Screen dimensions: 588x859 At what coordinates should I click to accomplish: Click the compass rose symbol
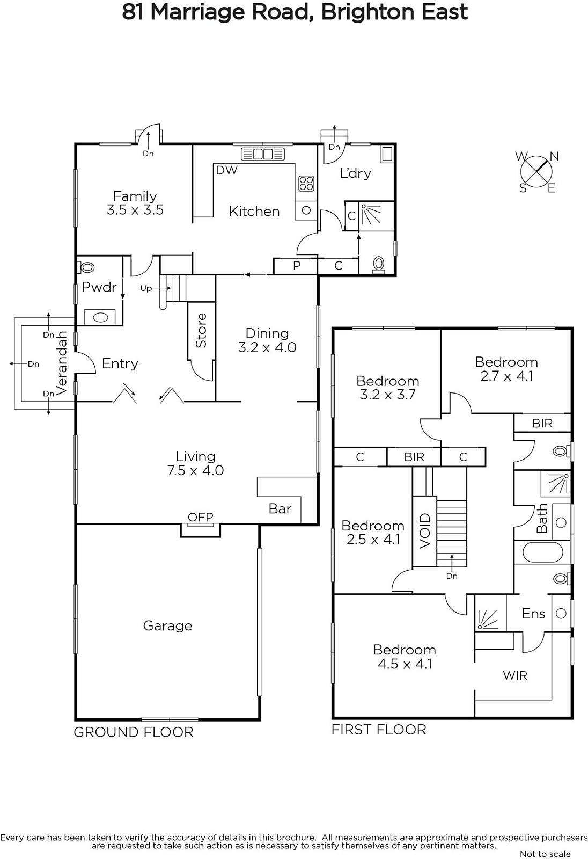click(x=536, y=171)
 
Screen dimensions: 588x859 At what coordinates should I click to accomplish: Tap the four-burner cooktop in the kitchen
click(x=306, y=183)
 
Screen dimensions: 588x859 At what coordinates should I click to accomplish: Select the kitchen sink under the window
click(x=263, y=154)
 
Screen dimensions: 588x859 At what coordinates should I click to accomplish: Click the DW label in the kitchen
click(x=226, y=170)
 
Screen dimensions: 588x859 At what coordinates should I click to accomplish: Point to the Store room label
click(x=201, y=331)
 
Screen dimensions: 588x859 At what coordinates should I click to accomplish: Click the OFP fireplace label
click(x=201, y=517)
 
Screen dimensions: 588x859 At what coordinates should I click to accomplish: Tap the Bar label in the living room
click(x=280, y=508)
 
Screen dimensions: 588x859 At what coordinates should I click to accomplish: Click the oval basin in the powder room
click(x=100, y=317)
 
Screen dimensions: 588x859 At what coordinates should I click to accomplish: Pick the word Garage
click(x=167, y=626)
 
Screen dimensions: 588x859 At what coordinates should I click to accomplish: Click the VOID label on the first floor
click(x=425, y=531)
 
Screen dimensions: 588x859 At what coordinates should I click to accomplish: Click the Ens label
click(x=533, y=614)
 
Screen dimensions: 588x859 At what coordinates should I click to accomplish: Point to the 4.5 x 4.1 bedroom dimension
click(x=405, y=664)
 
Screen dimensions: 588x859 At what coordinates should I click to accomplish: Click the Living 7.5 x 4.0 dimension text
click(x=195, y=470)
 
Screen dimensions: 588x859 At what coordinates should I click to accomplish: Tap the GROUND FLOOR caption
click(x=134, y=732)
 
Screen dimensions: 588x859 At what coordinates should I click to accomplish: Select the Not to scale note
click(x=545, y=854)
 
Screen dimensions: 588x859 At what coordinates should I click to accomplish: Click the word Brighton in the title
click(x=367, y=12)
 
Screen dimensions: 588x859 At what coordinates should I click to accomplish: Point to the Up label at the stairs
click(x=146, y=288)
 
